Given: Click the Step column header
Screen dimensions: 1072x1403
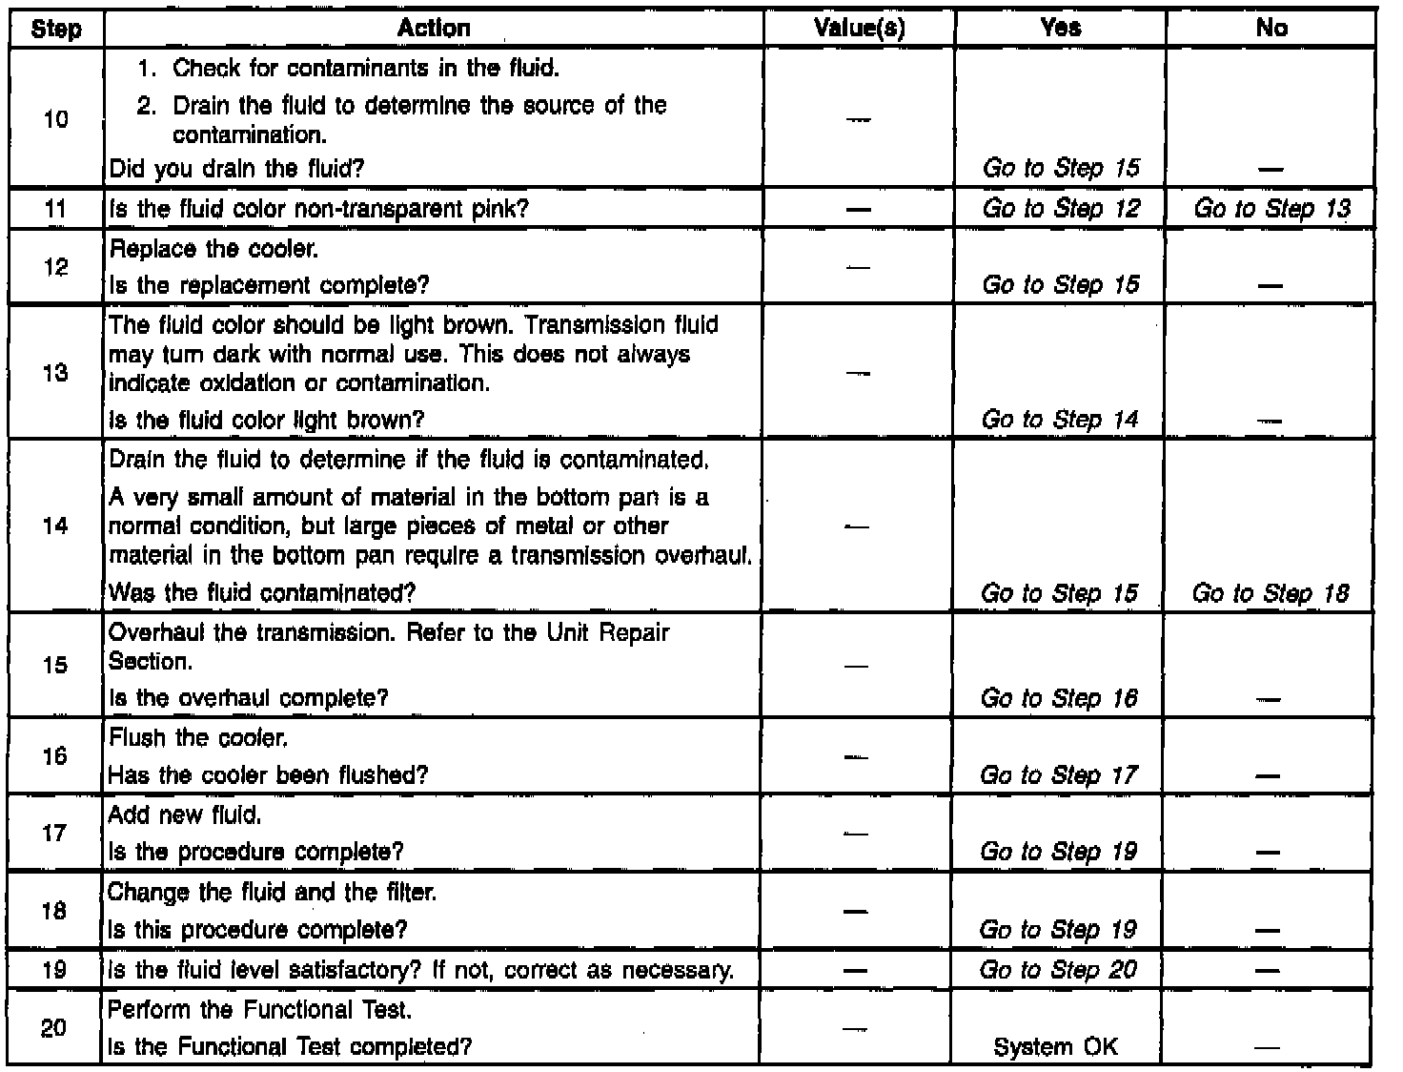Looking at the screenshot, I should point(55,29).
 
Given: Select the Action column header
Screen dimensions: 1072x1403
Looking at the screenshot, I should point(434,29).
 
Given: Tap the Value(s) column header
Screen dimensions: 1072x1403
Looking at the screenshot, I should point(860,29).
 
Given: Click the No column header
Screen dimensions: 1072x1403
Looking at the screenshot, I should point(1271,29).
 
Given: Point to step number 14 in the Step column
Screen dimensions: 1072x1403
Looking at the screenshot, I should point(55,526).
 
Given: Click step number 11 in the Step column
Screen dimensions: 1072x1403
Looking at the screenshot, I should point(55,209).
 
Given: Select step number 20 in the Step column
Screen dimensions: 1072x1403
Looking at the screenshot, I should point(55,1028).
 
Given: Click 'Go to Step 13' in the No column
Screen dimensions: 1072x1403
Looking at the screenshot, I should point(1271,209).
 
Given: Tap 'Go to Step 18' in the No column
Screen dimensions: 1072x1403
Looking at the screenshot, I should point(1271,593).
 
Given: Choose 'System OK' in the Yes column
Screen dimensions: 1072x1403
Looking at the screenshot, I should point(1056,1047).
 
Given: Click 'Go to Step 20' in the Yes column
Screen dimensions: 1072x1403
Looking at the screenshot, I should point(1059,970).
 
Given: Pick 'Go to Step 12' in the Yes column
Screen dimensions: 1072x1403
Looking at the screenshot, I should point(1061,209).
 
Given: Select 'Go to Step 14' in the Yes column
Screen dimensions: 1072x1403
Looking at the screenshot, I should point(1060,420).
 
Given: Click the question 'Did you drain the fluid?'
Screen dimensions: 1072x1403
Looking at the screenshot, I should point(237,170).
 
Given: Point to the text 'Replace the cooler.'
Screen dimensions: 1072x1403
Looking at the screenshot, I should point(214,249).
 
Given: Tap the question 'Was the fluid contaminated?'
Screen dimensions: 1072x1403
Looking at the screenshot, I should point(262,593).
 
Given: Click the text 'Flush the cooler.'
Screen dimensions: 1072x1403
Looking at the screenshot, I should point(198,738).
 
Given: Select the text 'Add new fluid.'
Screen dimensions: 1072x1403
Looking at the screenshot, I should point(185,815).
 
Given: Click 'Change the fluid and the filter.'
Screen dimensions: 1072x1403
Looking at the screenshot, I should point(273,893).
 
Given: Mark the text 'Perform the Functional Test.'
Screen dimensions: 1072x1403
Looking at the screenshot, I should point(260,1009).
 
